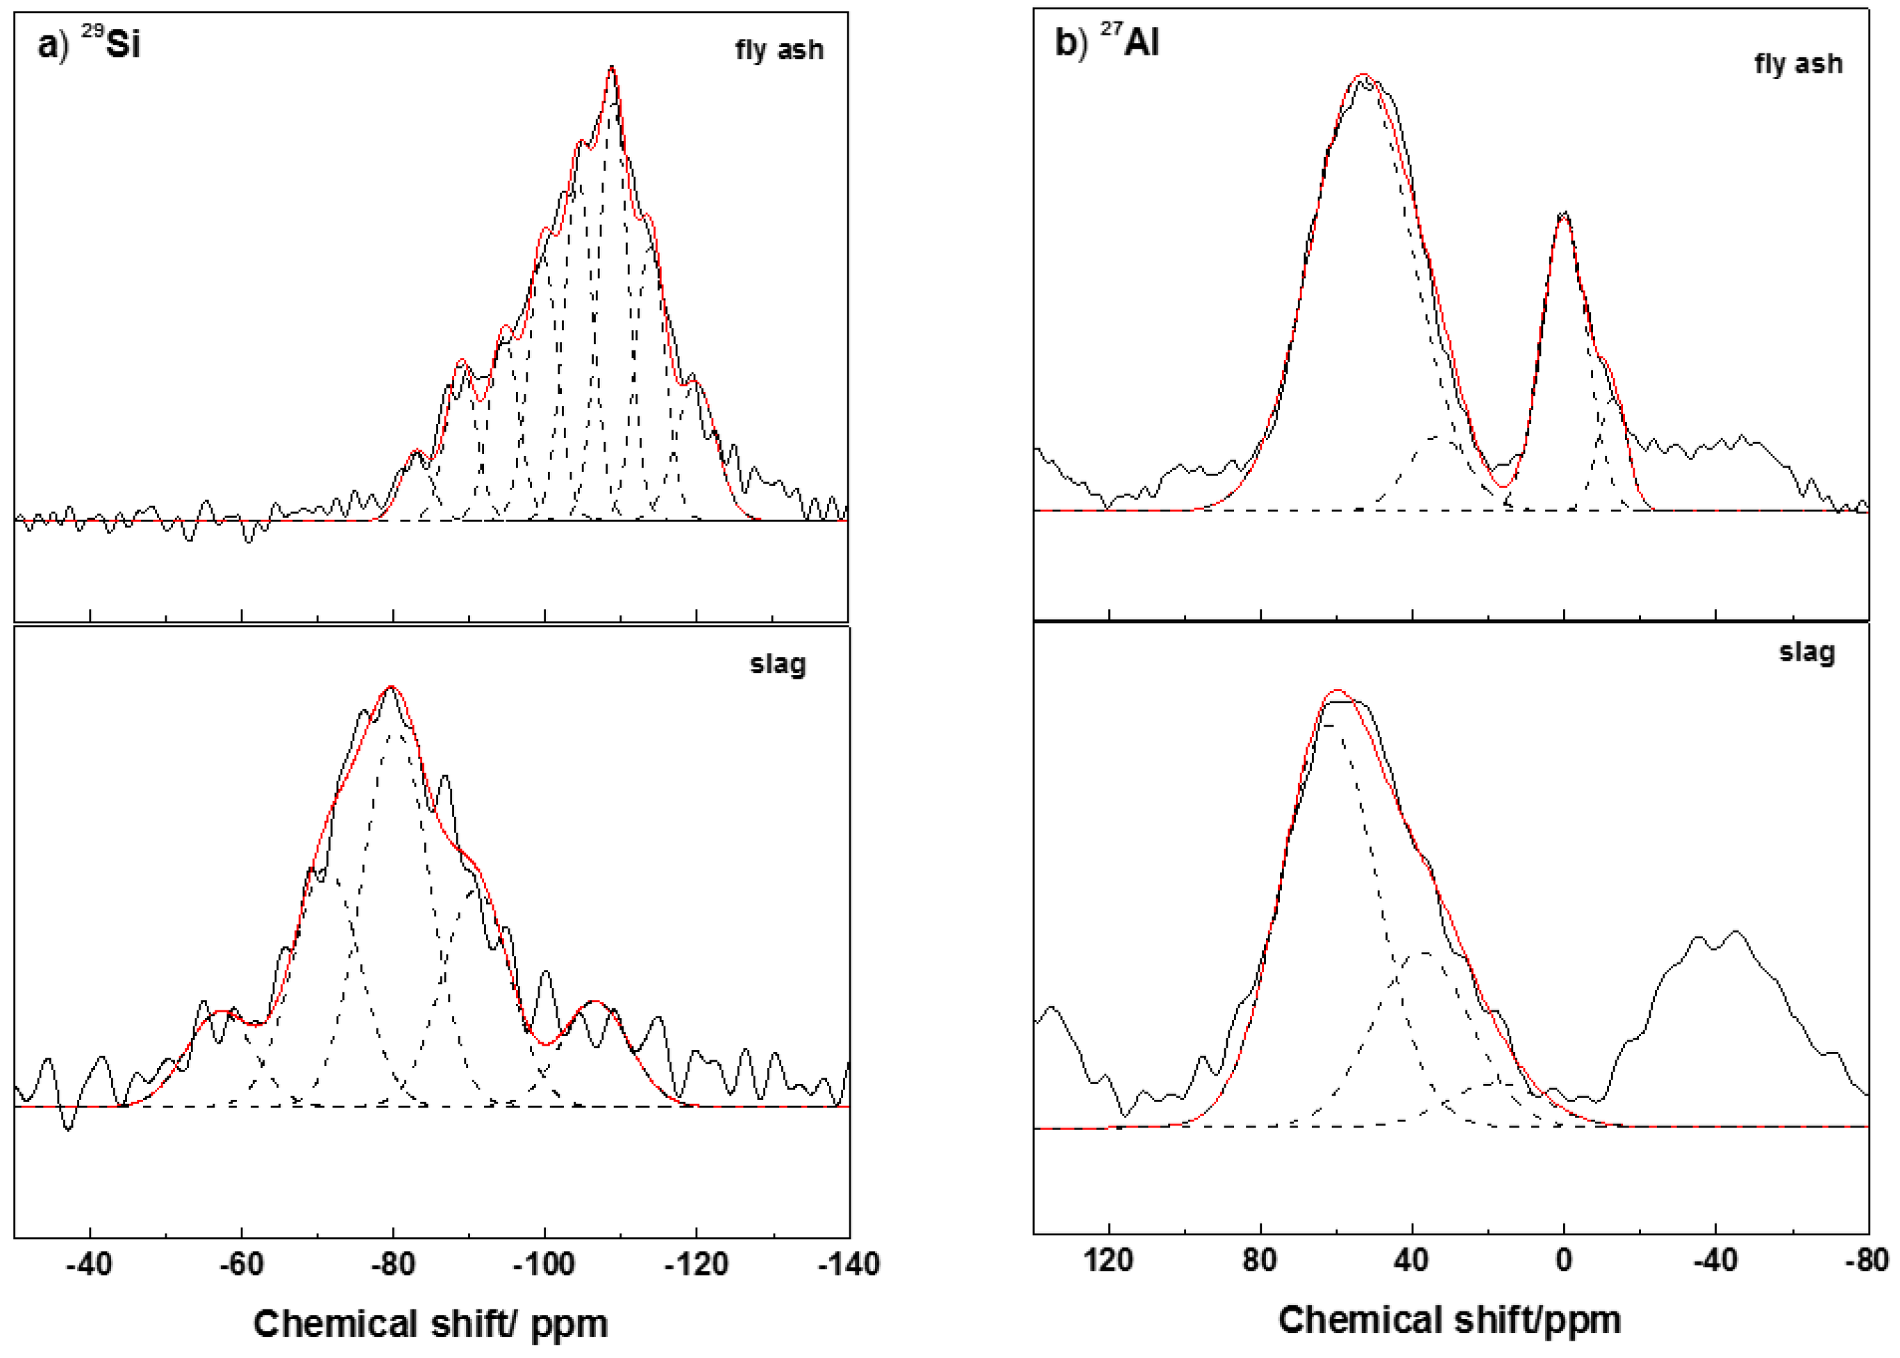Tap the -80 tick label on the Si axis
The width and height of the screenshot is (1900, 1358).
click(x=392, y=1264)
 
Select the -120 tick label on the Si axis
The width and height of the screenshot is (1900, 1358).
click(x=695, y=1264)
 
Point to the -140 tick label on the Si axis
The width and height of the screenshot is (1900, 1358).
click(x=847, y=1264)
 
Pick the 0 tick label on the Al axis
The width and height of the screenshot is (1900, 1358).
click(x=1564, y=1259)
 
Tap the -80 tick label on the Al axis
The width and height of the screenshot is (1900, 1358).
click(x=1867, y=1259)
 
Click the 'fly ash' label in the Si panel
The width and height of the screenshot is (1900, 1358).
click(x=779, y=50)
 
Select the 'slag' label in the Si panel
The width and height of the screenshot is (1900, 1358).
click(x=777, y=665)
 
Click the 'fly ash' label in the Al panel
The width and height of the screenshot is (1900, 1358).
click(x=1798, y=65)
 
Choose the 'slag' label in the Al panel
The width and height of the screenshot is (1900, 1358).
click(x=1806, y=652)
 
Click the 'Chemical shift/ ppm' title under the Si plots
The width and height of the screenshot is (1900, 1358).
click(x=430, y=1325)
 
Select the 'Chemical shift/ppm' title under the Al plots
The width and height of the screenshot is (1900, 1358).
click(x=1449, y=1321)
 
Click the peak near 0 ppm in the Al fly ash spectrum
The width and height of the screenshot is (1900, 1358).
click(x=1564, y=213)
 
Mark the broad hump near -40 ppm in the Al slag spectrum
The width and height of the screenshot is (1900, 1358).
click(x=1715, y=941)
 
